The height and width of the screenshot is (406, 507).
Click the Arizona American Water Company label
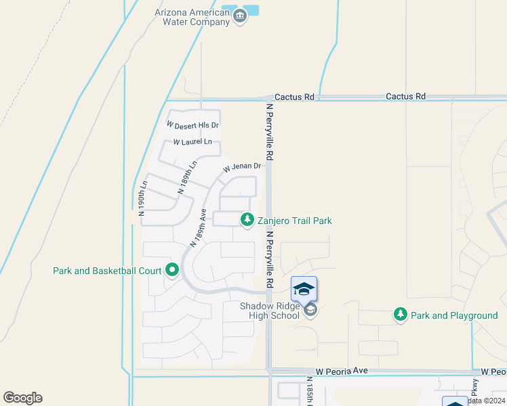point(192,17)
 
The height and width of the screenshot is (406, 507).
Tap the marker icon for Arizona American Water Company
point(239,18)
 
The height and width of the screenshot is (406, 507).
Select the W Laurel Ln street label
point(192,142)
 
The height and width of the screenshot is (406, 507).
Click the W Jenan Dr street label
point(242,166)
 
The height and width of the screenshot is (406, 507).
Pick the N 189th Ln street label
point(188,177)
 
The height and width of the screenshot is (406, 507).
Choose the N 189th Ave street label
point(198,228)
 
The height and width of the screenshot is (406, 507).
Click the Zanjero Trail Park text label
point(295,221)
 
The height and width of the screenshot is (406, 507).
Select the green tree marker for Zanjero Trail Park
point(247,220)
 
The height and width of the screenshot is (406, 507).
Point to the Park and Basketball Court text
point(107,271)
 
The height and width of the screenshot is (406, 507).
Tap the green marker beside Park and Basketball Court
point(172,271)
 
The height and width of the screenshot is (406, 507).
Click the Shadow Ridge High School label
point(269,311)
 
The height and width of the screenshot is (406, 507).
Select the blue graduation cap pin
point(304,289)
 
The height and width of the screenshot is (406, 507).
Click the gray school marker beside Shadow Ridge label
point(310,311)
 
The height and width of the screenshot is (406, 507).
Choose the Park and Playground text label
point(455,315)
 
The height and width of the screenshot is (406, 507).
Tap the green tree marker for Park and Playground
point(401,315)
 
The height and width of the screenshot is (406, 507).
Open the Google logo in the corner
point(22,398)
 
